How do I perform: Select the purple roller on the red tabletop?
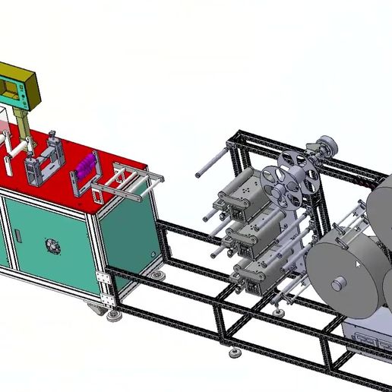coord(84,165)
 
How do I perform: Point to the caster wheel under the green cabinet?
coord(95,306)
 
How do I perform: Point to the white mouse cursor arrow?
coord(360,263)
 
